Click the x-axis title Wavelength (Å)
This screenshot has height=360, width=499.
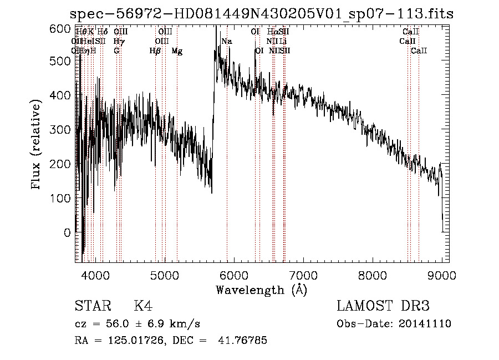[x=261, y=290]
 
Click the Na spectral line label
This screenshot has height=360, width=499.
[x=227, y=42]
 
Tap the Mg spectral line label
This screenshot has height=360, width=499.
[x=177, y=51]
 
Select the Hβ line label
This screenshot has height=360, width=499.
[x=155, y=51]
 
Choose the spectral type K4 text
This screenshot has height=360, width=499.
[x=142, y=306]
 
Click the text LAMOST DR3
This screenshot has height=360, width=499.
[x=383, y=306]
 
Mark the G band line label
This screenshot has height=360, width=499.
[x=116, y=51]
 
